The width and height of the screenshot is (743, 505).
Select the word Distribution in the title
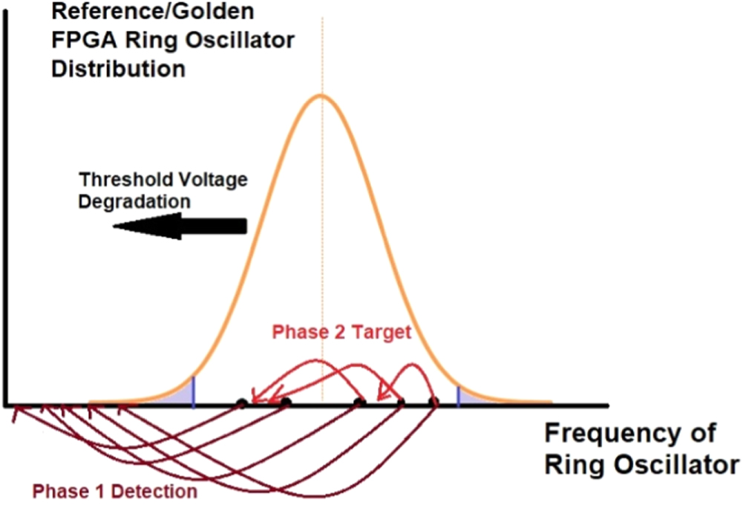tap(118, 69)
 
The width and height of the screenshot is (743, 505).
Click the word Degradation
tap(135, 201)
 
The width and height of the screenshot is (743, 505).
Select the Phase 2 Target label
tap(341, 332)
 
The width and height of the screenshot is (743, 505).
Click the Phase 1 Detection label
tap(114, 491)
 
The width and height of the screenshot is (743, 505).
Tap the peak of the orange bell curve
tap(321, 95)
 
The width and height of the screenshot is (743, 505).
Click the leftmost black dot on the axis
tap(241, 403)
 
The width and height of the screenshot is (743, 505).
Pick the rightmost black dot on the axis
tap(433, 403)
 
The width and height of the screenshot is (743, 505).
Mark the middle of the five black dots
tap(359, 403)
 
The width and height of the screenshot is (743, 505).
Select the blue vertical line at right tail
tap(458, 396)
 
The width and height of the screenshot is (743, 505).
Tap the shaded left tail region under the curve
tap(181, 397)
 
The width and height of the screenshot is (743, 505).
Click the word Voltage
tap(213, 179)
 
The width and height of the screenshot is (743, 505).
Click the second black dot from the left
tap(286, 403)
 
